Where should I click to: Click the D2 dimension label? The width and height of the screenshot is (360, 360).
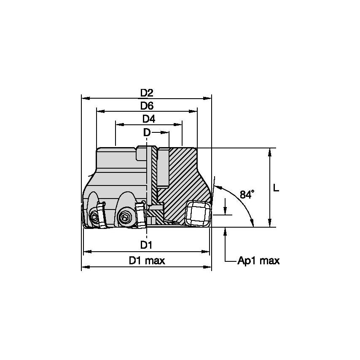coord(147,92)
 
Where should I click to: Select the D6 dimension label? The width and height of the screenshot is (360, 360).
coord(147,106)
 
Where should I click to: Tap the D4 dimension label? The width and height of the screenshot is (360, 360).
coord(148,119)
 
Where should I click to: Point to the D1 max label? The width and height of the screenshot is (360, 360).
coord(147,261)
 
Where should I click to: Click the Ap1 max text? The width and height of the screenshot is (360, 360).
coord(258,261)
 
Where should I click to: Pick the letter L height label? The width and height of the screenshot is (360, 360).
coord(276,188)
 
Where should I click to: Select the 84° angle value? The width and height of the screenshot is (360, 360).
coord(247,194)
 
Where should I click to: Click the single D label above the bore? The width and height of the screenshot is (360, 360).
coord(146,132)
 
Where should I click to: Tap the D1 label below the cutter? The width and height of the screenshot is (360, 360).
coord(146,245)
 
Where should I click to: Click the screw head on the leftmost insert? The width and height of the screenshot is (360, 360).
coord(93,218)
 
